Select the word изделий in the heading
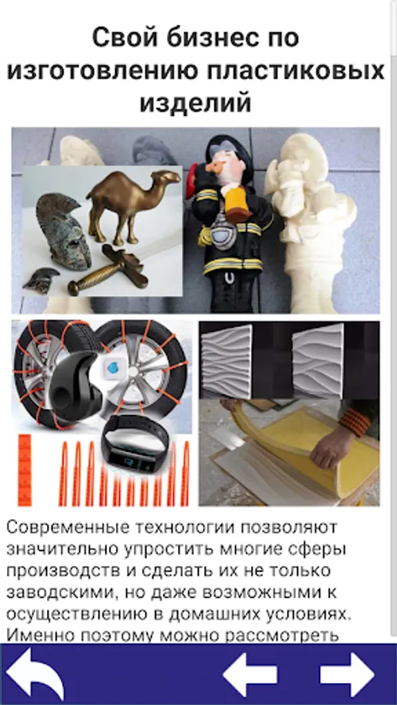click(x=195, y=103)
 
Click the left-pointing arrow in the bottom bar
click(x=249, y=674)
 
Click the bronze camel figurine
click(x=132, y=202)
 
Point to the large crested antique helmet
click(x=64, y=231)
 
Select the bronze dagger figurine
click(x=108, y=268)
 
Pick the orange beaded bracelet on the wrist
click(x=355, y=421)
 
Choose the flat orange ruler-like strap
click(x=25, y=470)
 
